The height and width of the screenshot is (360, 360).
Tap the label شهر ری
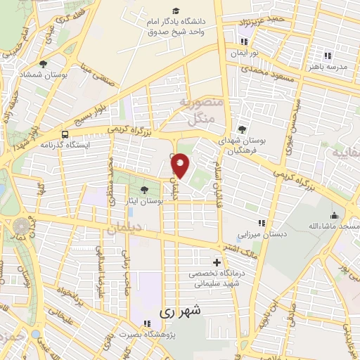[x=181, y=309]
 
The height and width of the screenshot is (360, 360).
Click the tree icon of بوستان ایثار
[x=145, y=190]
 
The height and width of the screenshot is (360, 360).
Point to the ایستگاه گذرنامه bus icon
[x=65, y=134]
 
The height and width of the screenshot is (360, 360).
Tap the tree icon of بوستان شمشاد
[x=44, y=64]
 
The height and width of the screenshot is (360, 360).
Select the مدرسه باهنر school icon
[x=327, y=56]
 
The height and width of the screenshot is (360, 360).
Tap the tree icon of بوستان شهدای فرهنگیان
[x=243, y=129]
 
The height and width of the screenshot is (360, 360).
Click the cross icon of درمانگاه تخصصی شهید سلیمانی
[x=217, y=262]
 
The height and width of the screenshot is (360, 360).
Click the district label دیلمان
[x=125, y=229]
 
